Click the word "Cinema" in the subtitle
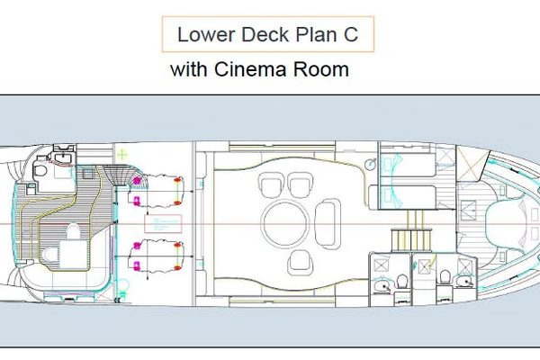(250, 69)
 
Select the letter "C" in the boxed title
(351, 34)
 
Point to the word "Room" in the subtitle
(321, 69)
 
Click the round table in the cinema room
(285, 223)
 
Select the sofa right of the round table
(328, 223)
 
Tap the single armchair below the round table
(301, 263)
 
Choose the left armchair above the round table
(272, 185)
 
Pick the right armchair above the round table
(301, 185)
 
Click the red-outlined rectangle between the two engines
(163, 223)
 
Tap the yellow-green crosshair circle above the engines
(121, 155)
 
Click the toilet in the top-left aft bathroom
(40, 170)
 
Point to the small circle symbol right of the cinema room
(371, 164)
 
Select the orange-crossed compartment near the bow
(471, 163)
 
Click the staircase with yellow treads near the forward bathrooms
(411, 231)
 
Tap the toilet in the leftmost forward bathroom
(401, 281)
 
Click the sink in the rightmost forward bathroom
(463, 282)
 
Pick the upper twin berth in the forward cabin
(408, 166)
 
